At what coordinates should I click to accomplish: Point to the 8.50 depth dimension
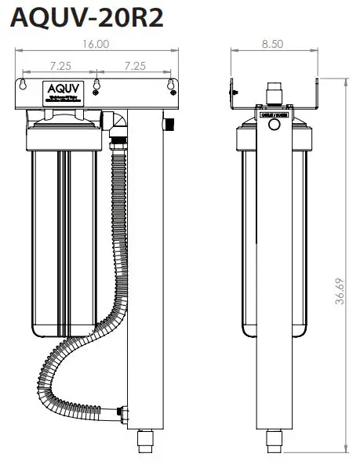tap(272, 45)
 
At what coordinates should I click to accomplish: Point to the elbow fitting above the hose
tap(118, 120)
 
